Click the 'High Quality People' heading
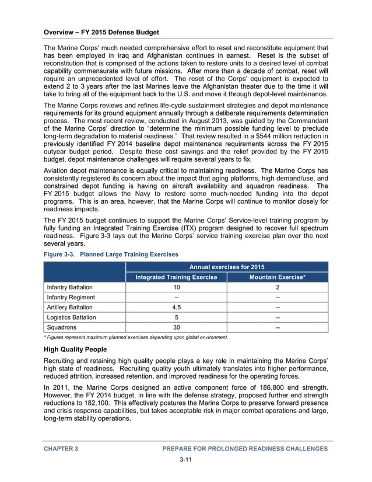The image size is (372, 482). [x=75, y=349]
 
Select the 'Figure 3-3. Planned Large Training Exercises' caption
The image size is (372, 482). [x=111, y=254]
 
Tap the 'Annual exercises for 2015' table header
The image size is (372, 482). [x=227, y=267]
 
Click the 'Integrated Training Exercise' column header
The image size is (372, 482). [x=176, y=277]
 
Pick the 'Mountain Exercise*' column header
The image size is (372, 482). [x=277, y=277]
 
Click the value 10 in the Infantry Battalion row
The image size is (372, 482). [x=176, y=287]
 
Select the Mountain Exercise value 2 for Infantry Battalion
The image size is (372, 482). [x=277, y=287]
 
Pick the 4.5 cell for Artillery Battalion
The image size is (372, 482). [x=176, y=307]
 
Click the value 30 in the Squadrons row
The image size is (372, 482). [x=176, y=327]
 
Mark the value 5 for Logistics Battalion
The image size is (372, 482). [x=176, y=317]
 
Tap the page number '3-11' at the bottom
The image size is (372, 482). [x=185, y=460]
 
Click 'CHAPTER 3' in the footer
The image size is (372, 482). [x=61, y=448]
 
